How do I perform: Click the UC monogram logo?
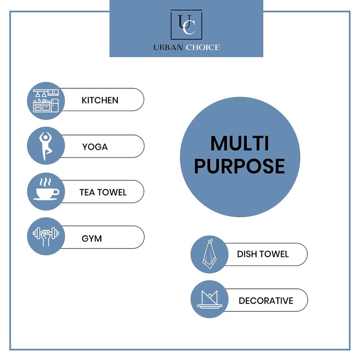coord(186,24)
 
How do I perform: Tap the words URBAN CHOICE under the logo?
coord(186,47)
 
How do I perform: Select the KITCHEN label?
coord(100,100)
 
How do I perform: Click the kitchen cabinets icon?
coord(46,101)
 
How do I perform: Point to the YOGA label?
coord(95,147)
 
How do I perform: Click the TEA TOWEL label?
coord(103,192)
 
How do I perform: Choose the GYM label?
coord(92,238)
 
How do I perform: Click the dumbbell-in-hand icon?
coord(46,236)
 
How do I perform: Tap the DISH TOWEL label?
coord(263,254)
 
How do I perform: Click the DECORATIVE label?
coord(266,301)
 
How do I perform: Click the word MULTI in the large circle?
coord(240,144)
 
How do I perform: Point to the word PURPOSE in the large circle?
coord(239,166)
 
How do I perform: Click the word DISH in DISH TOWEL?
coord(247,254)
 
